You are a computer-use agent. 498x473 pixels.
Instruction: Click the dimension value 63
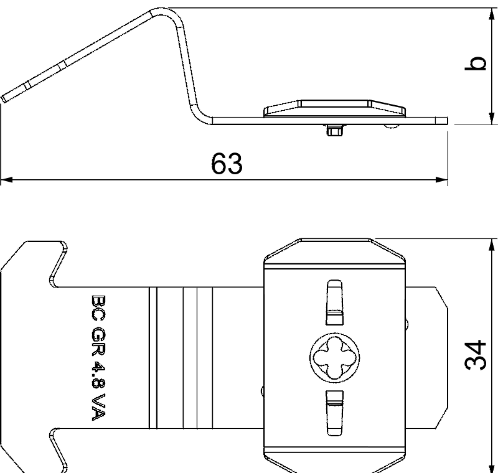[x=226, y=164]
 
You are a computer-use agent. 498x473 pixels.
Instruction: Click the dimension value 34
[x=476, y=355]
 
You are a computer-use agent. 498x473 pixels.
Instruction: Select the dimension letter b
[x=476, y=64]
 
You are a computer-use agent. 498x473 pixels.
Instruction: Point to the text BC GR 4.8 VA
[x=99, y=357]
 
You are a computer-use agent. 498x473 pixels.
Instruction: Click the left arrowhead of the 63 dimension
[x=6, y=180]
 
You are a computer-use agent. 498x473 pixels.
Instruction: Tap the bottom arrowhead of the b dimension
[x=492, y=118]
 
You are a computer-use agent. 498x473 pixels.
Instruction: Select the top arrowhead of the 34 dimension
[x=492, y=244]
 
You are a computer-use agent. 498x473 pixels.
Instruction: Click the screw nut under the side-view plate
[x=334, y=130]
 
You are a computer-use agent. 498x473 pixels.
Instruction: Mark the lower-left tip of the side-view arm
[x=6, y=98]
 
